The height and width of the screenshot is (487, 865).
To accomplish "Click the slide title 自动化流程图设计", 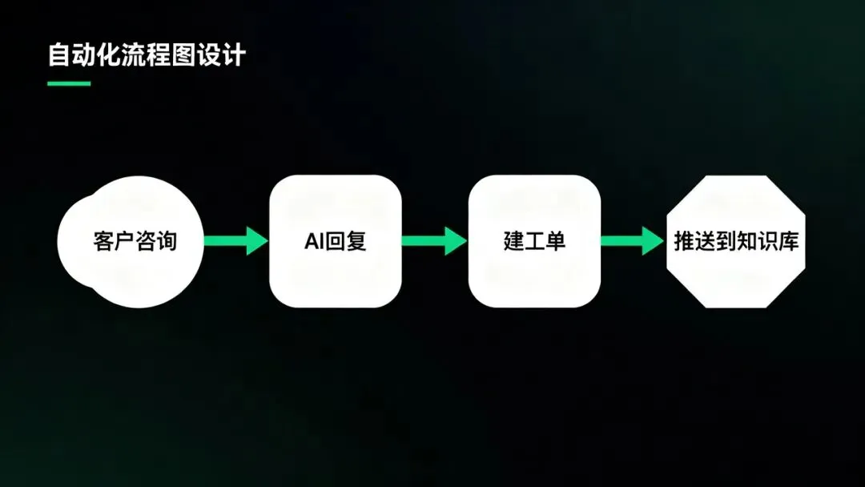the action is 146,56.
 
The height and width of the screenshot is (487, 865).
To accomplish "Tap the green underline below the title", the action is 69,83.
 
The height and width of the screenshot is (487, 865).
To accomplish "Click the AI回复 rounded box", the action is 335,241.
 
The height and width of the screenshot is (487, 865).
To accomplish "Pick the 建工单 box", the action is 534,241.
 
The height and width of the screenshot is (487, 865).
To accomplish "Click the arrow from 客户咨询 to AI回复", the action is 235,241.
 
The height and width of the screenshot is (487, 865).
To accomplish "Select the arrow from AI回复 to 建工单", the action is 434,241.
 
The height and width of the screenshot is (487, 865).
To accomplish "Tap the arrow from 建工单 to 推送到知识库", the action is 633,241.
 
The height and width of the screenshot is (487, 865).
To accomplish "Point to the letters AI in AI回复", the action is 313,241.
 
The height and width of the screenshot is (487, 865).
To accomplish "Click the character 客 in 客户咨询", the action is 103,241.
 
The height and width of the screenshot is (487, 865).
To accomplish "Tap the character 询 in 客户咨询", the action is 166,241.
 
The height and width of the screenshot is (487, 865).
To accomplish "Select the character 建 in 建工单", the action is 513,241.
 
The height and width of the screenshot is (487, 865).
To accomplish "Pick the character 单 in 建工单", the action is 555,241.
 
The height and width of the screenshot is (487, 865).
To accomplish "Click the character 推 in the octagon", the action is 684,241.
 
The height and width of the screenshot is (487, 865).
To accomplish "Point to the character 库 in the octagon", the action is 788,241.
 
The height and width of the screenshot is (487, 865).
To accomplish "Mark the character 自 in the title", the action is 58,56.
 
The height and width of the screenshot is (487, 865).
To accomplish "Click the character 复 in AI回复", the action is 356,241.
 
